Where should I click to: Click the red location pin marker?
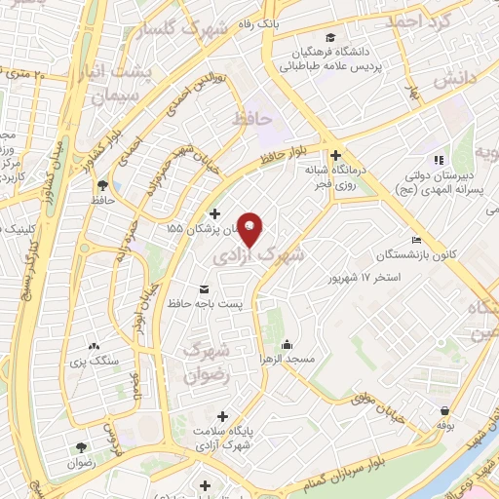(250, 229)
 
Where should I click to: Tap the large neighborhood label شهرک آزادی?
(259, 255)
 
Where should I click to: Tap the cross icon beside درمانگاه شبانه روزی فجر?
(335, 155)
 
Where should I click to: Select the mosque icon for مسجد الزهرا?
(288, 344)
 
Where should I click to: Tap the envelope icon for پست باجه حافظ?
(204, 289)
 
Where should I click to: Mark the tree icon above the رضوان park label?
(82, 447)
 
